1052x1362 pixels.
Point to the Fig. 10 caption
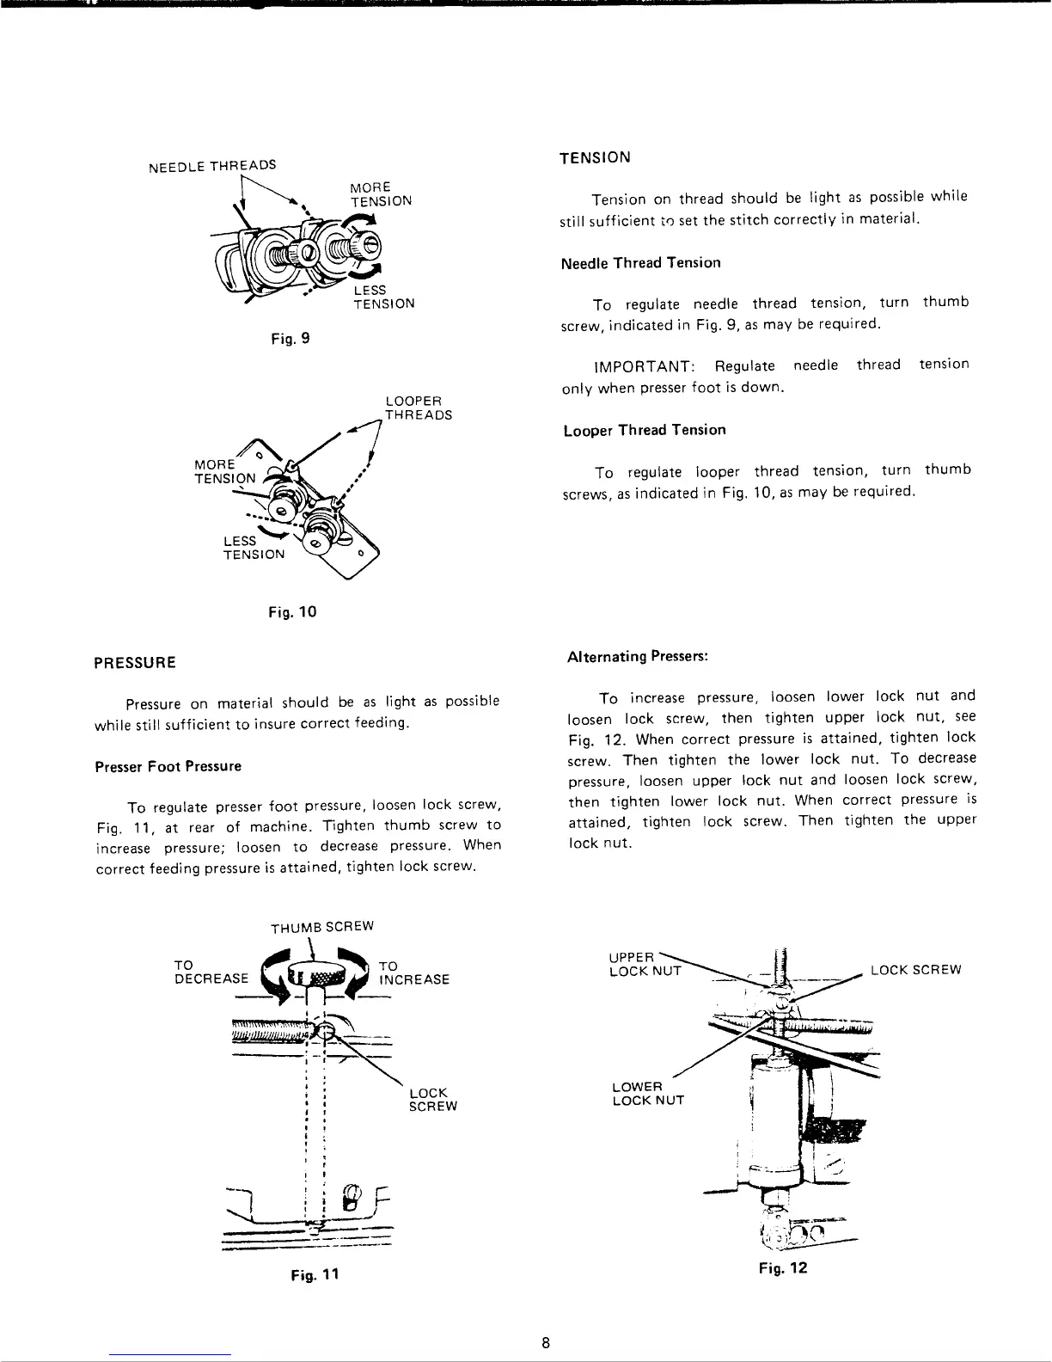293,612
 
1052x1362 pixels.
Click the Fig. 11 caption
315,1274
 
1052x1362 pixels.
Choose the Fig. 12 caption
783,1268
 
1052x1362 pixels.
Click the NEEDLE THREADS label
212,165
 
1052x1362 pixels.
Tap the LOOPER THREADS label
418,408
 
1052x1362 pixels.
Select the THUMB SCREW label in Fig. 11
322,927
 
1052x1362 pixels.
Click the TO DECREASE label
211,972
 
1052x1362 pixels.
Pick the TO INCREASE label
413,972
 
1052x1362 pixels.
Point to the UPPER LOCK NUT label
645,964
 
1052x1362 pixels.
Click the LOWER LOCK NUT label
648,1093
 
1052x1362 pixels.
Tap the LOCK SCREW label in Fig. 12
915,970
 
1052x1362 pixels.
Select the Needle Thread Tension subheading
640,263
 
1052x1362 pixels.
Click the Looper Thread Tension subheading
645,430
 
